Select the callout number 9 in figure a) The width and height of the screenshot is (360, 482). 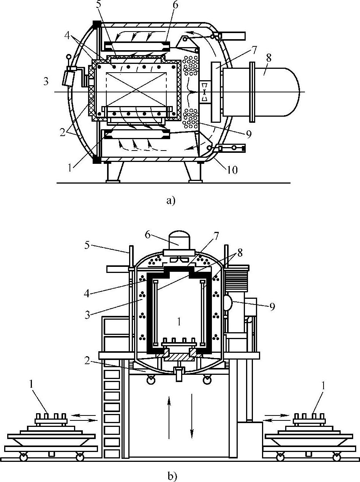(249, 135)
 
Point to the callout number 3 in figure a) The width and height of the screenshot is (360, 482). (46, 82)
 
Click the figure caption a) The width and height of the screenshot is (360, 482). (171, 200)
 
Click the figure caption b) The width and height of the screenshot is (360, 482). (172, 475)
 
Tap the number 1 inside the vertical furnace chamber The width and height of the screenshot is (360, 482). (179, 322)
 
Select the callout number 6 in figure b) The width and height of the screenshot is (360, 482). (147, 235)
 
